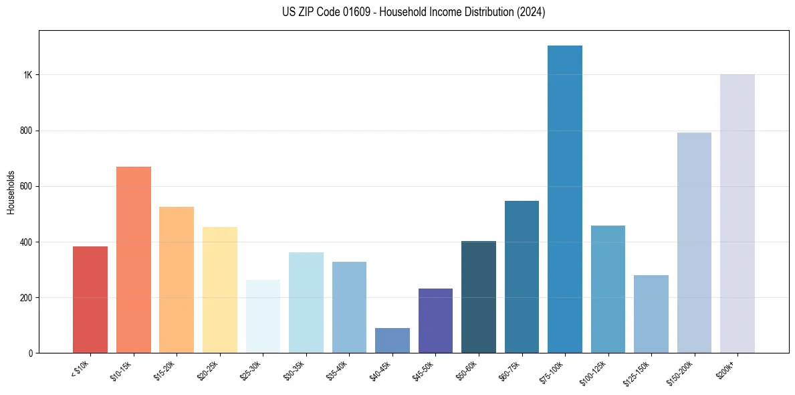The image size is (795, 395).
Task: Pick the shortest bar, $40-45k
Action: pos(392,340)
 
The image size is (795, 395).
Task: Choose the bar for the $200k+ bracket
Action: pos(737,214)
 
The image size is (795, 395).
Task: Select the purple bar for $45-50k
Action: pos(435,321)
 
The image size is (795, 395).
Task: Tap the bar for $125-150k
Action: pos(651,314)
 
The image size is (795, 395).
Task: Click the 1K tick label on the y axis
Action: pos(27,75)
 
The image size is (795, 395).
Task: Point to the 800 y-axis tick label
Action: pos(25,131)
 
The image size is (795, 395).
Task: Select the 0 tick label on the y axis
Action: pos(30,353)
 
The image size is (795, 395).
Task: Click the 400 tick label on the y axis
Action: pos(25,242)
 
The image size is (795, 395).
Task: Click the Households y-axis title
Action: pos(11,191)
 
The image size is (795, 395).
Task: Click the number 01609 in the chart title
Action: pos(340,12)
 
